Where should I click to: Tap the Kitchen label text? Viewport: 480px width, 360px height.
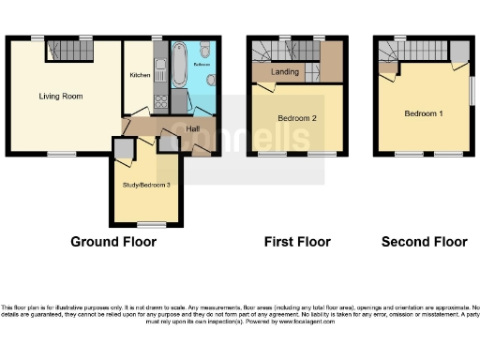(140, 75)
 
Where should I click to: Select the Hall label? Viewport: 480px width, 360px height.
(192, 128)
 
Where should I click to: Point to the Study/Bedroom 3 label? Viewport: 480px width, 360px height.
(146, 185)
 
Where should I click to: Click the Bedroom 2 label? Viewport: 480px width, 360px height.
(296, 118)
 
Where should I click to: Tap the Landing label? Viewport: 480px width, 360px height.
(285, 72)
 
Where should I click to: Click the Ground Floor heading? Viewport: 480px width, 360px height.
(113, 242)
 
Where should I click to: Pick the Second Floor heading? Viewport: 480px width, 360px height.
(424, 242)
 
